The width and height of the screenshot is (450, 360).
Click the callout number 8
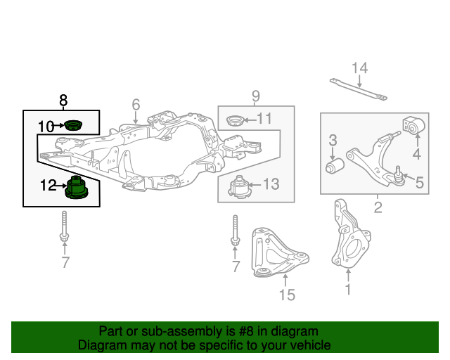coord(63,100)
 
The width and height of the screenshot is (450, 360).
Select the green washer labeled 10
coord(72,127)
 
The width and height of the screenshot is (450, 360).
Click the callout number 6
coord(136,105)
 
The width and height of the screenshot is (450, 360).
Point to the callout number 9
coord(256,96)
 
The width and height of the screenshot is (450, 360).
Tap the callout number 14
coord(359,68)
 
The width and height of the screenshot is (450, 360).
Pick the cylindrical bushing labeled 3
coord(335,167)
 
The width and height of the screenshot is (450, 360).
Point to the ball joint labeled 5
coord(398,174)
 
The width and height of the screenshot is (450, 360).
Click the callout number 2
coord(378,207)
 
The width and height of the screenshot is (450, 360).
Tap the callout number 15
coord(287,295)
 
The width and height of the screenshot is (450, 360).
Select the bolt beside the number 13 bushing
coord(235,231)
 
